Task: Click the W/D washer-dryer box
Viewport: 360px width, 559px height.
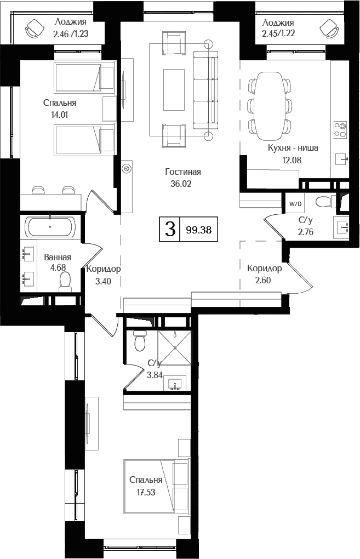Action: point(295,204)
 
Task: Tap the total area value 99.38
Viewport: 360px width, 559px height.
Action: point(198,230)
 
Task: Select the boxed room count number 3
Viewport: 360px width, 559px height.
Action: point(170,230)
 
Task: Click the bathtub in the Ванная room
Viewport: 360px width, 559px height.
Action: point(50,226)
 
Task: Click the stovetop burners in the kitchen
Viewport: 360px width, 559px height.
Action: point(340,129)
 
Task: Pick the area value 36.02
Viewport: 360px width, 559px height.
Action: point(181,184)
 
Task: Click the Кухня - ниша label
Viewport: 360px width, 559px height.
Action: point(293,148)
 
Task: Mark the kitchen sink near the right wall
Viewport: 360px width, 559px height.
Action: point(342,160)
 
